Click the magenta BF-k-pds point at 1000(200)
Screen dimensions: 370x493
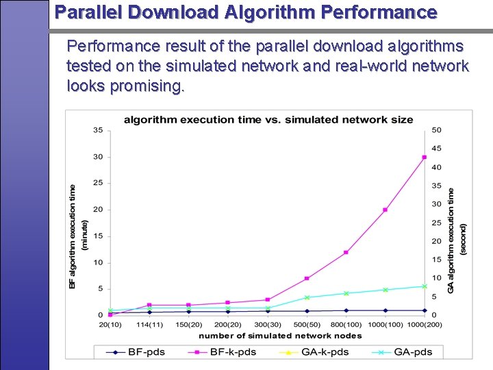[425, 157]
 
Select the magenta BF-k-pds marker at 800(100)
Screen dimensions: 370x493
[346, 252]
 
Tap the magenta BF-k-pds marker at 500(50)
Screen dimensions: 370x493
[307, 278]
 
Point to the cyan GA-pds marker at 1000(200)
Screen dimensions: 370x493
[425, 286]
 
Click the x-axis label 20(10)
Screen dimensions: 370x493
[110, 324]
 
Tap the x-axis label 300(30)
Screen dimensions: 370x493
[267, 324]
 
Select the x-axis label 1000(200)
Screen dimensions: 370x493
[425, 324]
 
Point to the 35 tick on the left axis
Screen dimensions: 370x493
[98, 130]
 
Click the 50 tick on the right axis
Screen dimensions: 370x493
[436, 130]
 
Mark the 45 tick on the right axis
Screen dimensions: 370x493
[436, 149]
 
